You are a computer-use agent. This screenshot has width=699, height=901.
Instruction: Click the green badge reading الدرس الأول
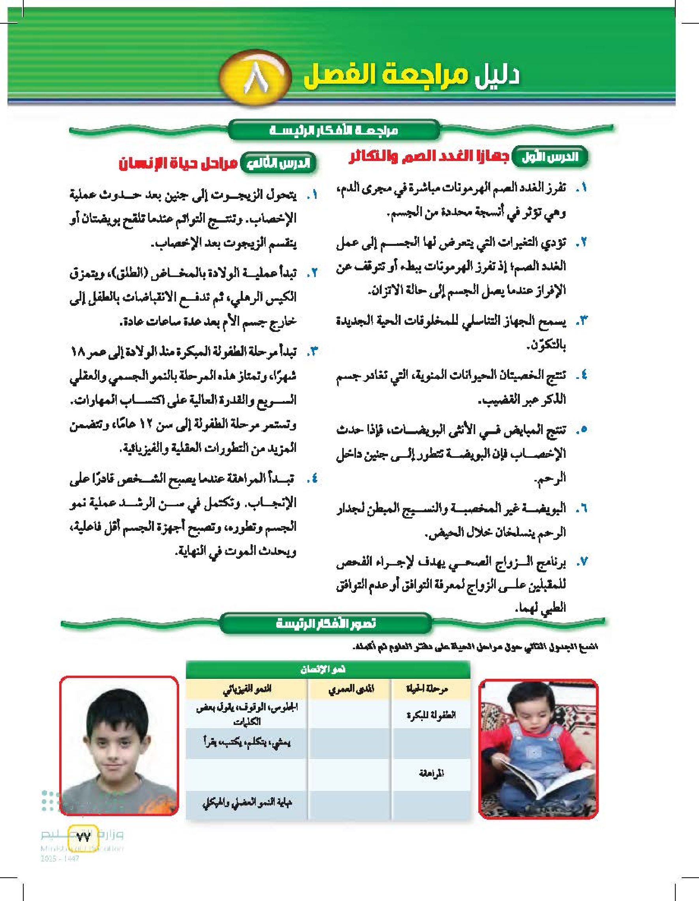pos(550,157)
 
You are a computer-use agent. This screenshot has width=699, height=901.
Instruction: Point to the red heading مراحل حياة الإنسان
pos(178,164)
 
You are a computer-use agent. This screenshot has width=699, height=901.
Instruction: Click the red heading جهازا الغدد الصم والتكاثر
pos(428,157)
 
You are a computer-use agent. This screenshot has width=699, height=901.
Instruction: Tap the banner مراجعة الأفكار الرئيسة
pos(334,131)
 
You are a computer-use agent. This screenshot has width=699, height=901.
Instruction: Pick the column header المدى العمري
pos(351,689)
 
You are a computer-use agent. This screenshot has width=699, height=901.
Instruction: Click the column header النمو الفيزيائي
pos(247,689)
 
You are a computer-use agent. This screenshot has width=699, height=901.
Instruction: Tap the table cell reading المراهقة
pos(431,773)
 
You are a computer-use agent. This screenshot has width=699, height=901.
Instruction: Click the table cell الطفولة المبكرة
pos(431,715)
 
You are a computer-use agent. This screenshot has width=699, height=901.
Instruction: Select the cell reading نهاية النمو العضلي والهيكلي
pos(247,802)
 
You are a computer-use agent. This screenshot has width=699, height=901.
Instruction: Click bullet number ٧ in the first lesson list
pos(581,562)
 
